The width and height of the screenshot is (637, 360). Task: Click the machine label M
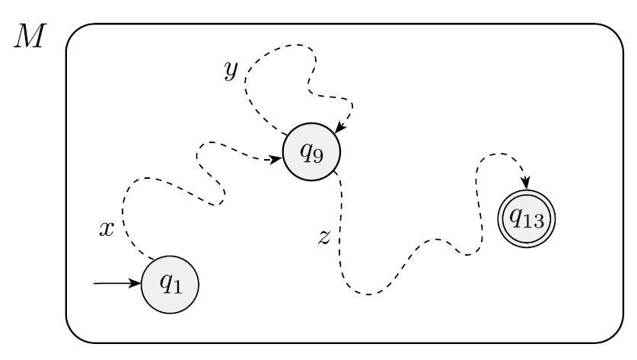[x=30, y=40]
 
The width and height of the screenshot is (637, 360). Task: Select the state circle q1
[x=170, y=284]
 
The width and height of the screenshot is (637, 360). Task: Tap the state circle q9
[x=311, y=152]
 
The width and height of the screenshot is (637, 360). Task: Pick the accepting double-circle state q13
[x=525, y=218]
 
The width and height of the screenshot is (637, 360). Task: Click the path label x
[x=107, y=229]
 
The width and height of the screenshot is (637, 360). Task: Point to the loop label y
[x=231, y=70]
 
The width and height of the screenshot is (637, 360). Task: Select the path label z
[x=323, y=237]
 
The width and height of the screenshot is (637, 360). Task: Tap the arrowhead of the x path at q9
[x=276, y=160]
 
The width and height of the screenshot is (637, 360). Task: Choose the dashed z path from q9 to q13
[x=411, y=259]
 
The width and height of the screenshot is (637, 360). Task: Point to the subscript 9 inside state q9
[x=317, y=156]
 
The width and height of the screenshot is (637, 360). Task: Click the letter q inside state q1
[x=164, y=283]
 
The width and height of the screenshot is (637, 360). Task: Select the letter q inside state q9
[x=306, y=151]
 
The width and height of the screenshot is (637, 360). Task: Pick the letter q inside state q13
[x=515, y=218]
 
